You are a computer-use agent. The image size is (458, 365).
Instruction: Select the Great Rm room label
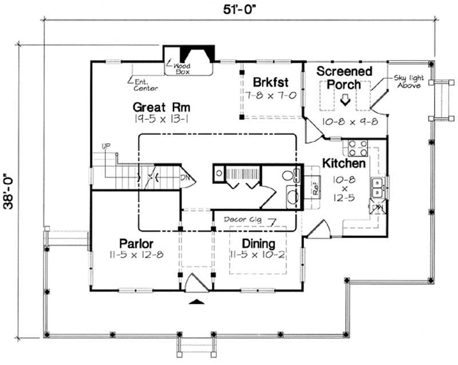[161, 107]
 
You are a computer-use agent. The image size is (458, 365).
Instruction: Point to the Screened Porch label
[345, 78]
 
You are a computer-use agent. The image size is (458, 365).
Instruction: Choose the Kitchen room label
[343, 163]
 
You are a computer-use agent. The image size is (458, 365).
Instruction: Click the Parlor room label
[135, 243]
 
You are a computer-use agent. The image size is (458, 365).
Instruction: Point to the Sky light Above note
[407, 81]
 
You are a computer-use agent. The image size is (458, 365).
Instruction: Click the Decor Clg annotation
[243, 219]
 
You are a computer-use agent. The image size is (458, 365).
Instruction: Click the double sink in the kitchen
[377, 187]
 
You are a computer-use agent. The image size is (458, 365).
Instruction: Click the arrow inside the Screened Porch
[345, 101]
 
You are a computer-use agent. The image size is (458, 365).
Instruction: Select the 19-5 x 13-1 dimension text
[161, 119]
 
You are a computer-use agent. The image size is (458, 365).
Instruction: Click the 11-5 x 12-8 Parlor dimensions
[135, 254]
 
